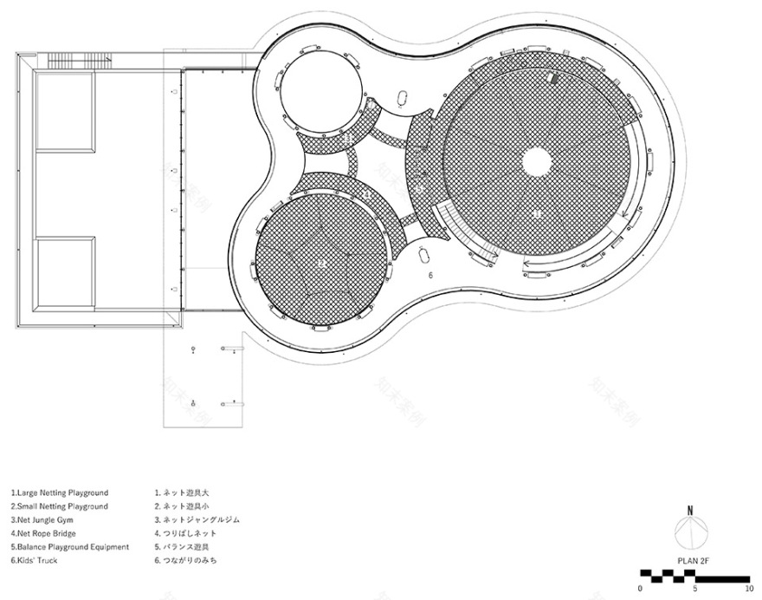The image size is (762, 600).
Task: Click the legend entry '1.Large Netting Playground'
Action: point(60,492)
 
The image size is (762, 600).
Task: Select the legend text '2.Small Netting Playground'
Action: point(60,506)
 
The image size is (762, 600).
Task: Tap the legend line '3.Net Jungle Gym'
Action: point(43,520)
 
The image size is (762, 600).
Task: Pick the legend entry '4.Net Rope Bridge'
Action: point(44,533)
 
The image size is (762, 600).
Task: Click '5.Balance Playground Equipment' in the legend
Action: point(69,547)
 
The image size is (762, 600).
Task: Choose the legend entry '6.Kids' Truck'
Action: point(35,561)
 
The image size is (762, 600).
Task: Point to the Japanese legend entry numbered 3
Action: point(197,520)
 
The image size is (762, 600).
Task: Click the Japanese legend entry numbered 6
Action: point(185,561)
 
